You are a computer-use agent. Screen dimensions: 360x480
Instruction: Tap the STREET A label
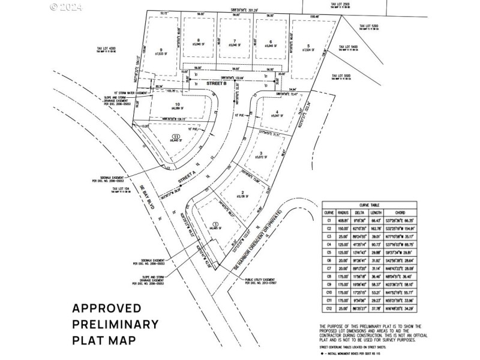tap(188, 179)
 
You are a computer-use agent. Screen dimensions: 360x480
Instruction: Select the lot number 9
tap(161, 50)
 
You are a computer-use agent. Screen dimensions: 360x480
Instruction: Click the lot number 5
tap(308, 46)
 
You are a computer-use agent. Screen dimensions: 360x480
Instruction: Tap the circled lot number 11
tap(176, 136)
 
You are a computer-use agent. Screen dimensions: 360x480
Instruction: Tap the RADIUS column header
tap(344, 212)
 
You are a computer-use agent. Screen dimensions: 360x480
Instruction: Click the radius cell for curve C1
tap(344, 220)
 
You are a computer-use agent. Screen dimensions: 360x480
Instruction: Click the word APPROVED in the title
tap(107, 308)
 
